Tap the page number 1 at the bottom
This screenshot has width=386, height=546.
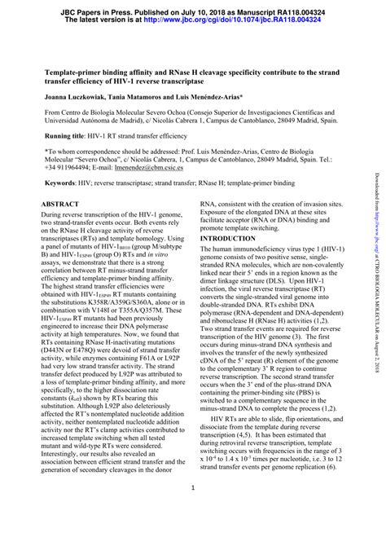(x=192, y=512)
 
